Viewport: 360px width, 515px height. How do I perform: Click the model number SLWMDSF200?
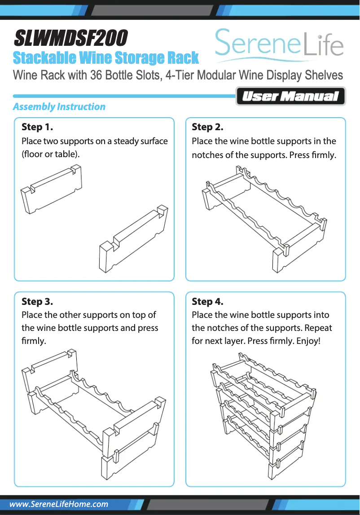71,39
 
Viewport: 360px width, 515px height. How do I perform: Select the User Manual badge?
290,97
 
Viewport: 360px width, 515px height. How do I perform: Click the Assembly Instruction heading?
59,107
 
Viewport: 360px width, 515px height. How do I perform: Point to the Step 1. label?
37,127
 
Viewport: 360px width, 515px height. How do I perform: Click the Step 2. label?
207,127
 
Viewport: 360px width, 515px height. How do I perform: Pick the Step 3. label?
37,301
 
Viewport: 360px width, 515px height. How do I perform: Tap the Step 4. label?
207,301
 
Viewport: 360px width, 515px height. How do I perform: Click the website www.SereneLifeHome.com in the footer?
59,504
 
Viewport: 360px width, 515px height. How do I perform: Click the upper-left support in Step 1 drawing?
52,189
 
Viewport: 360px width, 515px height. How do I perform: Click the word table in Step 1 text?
66,154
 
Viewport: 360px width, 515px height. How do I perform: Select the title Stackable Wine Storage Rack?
106,58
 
